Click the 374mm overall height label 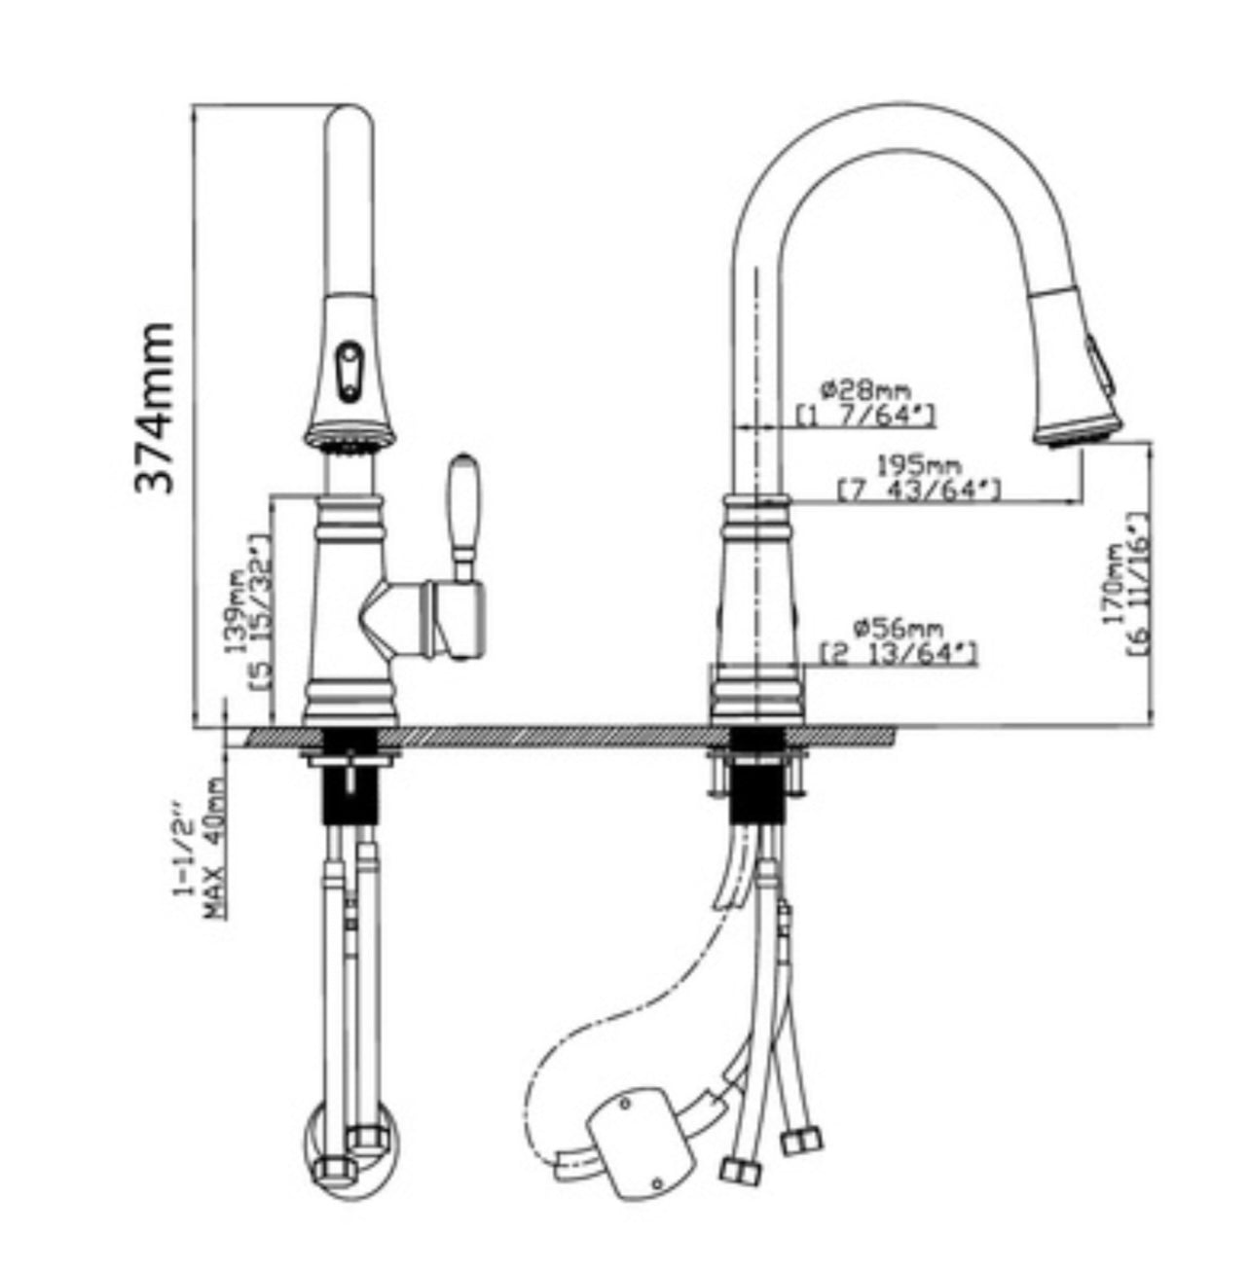click(x=155, y=408)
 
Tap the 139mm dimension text click(x=236, y=609)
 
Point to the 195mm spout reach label click(x=919, y=466)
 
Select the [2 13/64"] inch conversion click(x=899, y=654)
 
